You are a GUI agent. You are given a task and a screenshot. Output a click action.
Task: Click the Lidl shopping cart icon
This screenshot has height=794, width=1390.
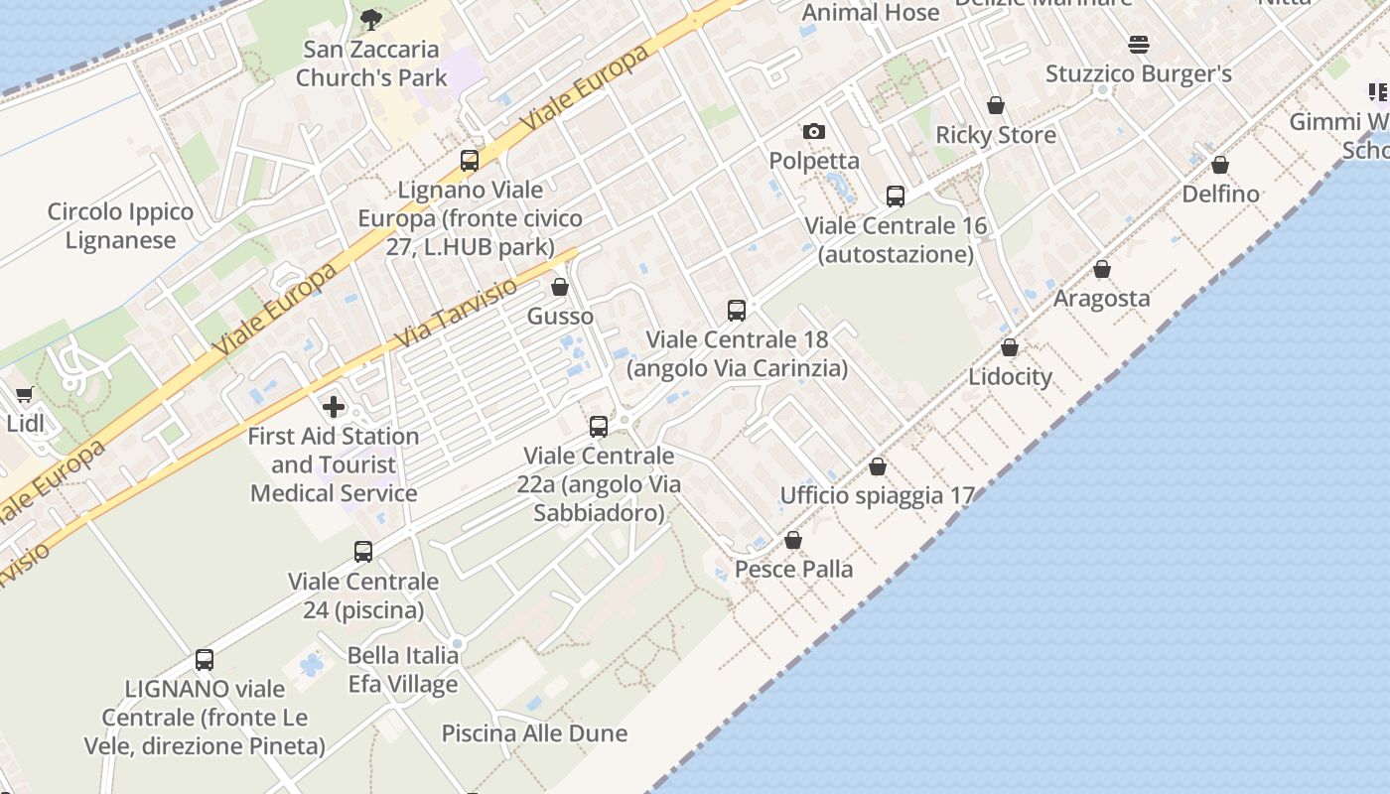(x=25, y=395)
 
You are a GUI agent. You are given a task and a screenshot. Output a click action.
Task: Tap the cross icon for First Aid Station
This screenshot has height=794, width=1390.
(x=334, y=406)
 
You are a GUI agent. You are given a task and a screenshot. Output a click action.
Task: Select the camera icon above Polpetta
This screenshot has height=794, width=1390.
(x=813, y=131)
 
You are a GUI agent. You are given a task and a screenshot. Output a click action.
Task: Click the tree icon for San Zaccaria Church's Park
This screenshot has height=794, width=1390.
(x=370, y=18)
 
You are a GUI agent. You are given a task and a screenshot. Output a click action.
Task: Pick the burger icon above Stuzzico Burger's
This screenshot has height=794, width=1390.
(x=1138, y=45)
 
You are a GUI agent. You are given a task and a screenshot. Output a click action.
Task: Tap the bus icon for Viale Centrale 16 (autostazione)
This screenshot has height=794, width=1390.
(x=896, y=197)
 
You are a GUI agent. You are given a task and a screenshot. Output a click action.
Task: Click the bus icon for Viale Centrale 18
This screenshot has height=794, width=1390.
(x=737, y=311)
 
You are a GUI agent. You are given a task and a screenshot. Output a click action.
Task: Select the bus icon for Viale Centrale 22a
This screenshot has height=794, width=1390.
(x=599, y=427)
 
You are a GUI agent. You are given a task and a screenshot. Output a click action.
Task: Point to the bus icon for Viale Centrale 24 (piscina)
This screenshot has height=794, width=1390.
(x=363, y=552)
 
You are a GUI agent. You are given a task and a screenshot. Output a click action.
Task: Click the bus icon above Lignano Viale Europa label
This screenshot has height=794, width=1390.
(x=470, y=161)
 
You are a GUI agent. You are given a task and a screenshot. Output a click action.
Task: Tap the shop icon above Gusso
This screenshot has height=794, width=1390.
(x=560, y=288)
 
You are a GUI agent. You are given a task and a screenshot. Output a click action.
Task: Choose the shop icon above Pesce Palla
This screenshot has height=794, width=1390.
(x=793, y=540)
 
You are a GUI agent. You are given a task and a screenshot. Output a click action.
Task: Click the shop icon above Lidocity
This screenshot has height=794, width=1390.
(x=1010, y=347)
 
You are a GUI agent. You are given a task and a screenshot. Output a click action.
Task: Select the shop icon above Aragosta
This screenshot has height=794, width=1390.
(x=1101, y=269)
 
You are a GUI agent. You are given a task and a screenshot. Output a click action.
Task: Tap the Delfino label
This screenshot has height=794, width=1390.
(x=1220, y=194)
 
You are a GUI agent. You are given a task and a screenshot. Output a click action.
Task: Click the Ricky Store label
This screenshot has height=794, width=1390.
(x=996, y=135)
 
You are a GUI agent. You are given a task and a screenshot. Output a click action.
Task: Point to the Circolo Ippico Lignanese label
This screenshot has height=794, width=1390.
(x=120, y=225)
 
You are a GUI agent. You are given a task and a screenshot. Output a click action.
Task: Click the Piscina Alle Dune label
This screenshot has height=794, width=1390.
(x=534, y=733)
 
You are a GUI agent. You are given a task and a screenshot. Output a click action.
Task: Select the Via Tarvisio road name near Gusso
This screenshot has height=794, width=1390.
(x=457, y=313)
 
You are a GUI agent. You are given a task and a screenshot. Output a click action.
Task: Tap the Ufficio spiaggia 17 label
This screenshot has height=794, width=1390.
(x=878, y=495)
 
